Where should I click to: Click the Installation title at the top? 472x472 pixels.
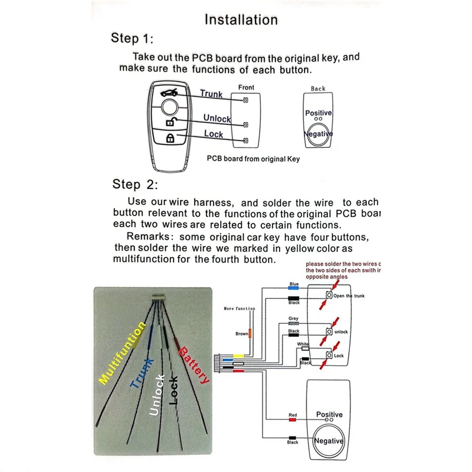[241, 19]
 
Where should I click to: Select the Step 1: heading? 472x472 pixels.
[132, 39]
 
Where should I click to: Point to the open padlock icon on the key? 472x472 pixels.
[169, 122]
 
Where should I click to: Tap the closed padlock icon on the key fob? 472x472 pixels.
[169, 139]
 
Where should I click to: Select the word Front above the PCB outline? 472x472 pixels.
[246, 88]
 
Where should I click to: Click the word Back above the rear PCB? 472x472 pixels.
[318, 88]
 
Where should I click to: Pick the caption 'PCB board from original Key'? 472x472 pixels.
[253, 159]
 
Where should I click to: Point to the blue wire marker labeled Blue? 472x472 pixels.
[294, 289]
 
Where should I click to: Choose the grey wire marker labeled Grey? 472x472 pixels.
[293, 323]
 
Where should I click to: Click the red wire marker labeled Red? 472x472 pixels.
[293, 421]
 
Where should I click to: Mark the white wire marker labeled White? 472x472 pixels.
[304, 349]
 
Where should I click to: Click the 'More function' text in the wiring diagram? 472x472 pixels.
[240, 309]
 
